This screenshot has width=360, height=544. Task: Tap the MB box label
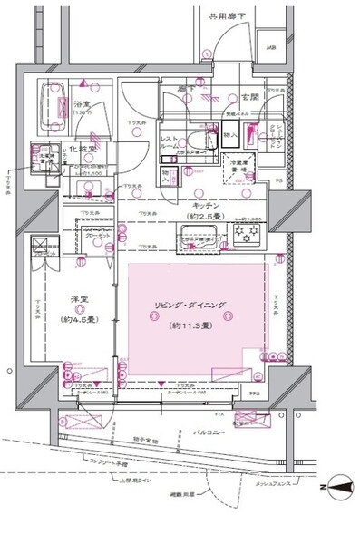(x=270, y=48)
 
